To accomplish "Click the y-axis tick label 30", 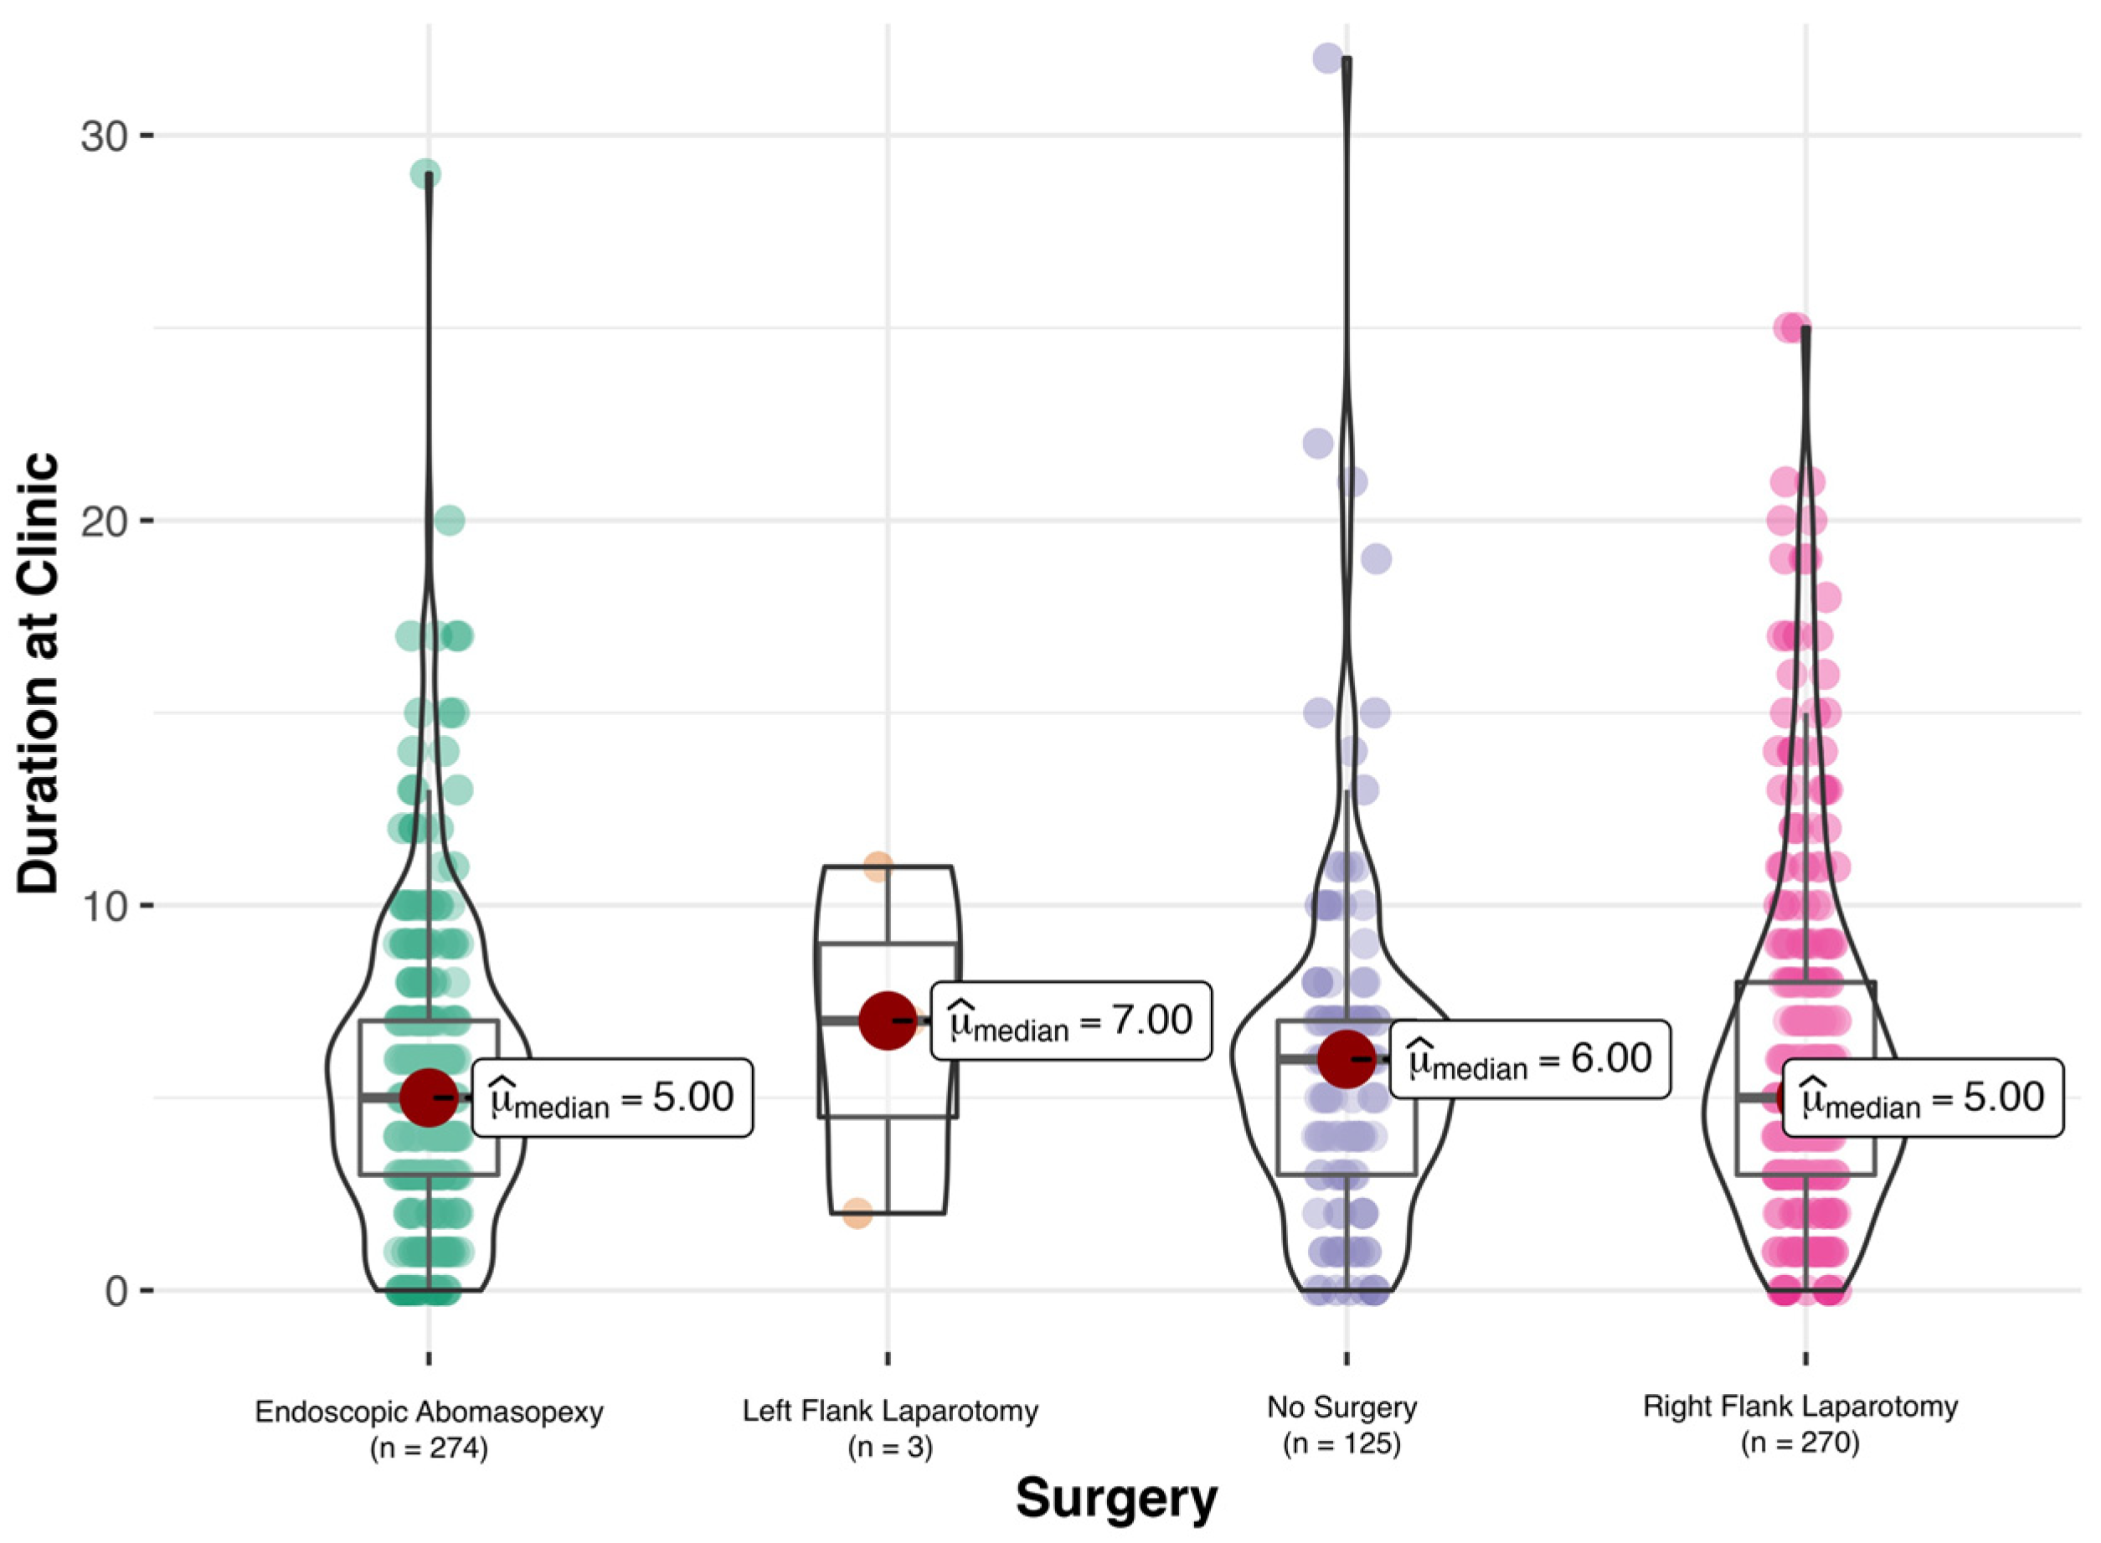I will tap(104, 136).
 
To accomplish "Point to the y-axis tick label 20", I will tap(104, 522).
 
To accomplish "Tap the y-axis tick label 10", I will tap(104, 906).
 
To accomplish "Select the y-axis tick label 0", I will tap(116, 1292).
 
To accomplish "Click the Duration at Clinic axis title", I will tap(39, 674).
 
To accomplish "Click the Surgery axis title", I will tap(1116, 1498).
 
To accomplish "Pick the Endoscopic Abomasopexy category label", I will tap(429, 1412).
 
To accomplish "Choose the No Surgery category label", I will tap(1342, 1407).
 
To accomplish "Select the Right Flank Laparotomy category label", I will tap(1800, 1407).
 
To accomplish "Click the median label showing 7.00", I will tap(1070, 1021).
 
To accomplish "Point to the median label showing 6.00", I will tap(1529, 1059).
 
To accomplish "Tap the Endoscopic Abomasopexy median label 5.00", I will tap(612, 1098).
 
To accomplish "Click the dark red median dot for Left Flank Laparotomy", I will tap(888, 1021).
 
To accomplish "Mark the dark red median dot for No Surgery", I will tap(1347, 1059).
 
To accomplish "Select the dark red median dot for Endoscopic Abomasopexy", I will tap(429, 1098).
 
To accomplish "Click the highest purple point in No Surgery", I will tap(1327, 59).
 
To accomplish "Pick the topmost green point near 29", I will tap(426, 174).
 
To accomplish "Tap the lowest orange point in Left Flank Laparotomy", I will tap(857, 1214).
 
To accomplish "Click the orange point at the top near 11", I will tap(878, 866).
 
